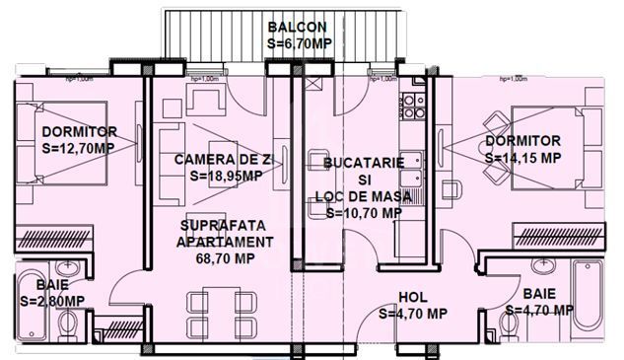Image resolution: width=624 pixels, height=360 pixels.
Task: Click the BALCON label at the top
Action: [x=298, y=27]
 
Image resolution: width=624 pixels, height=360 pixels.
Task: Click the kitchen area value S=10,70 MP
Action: [x=364, y=212]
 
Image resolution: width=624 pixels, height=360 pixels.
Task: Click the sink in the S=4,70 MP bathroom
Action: [x=540, y=264]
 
